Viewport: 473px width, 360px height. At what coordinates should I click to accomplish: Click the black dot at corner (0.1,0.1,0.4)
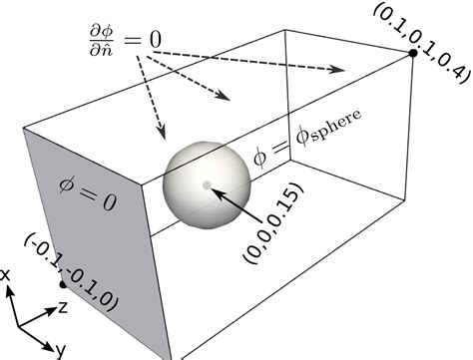pos(412,52)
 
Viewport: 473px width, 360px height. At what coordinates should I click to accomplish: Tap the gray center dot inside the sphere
pos(207,184)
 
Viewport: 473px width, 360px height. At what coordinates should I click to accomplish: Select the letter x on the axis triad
pos(6,272)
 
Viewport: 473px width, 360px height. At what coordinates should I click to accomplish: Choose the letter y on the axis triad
pos(61,349)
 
